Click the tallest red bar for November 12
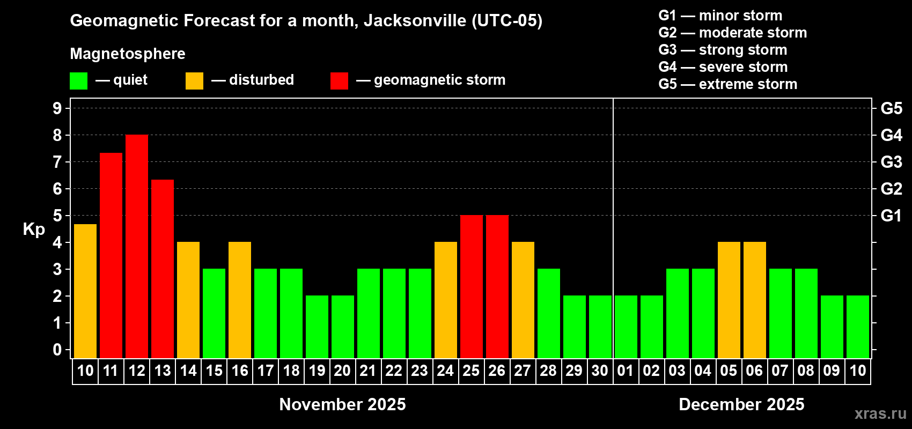(x=137, y=247)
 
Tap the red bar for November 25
(x=472, y=287)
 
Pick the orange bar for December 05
(x=729, y=300)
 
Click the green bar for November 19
(x=317, y=327)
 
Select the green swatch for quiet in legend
(x=78, y=81)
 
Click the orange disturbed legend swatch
(x=194, y=81)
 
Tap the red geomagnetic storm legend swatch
(x=339, y=81)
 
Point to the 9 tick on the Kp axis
(x=57, y=108)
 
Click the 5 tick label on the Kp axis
(x=57, y=216)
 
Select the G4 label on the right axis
(x=891, y=135)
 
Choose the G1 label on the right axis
(x=891, y=216)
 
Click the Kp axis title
(x=34, y=229)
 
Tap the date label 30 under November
(x=600, y=371)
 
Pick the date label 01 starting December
(x=626, y=371)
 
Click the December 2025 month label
(x=741, y=404)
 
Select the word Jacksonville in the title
(x=415, y=20)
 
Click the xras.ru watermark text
(x=880, y=413)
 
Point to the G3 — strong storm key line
(x=723, y=50)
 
